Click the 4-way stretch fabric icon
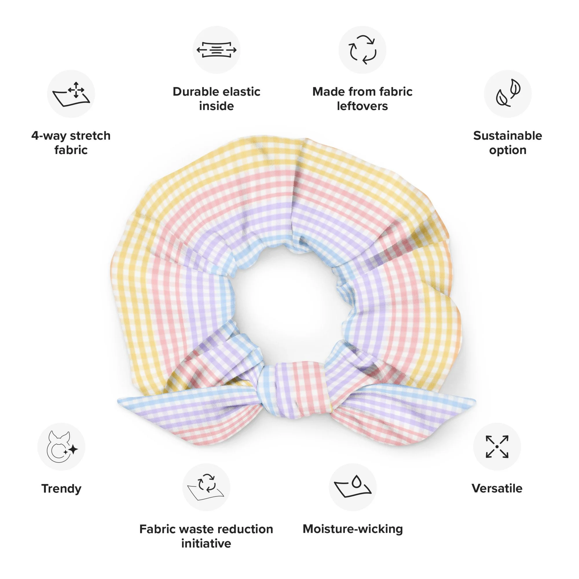click(71, 94)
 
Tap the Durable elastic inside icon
click(216, 50)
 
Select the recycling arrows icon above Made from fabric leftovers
click(362, 50)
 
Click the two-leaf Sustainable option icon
click(508, 94)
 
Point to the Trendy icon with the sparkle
click(61, 446)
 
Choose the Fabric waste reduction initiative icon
click(206, 487)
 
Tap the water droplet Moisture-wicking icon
click(353, 487)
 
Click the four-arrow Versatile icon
click(497, 446)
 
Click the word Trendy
click(61, 488)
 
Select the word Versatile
click(497, 488)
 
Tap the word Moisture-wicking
click(353, 529)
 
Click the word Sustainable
click(508, 136)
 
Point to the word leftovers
click(362, 106)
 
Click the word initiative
click(206, 543)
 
